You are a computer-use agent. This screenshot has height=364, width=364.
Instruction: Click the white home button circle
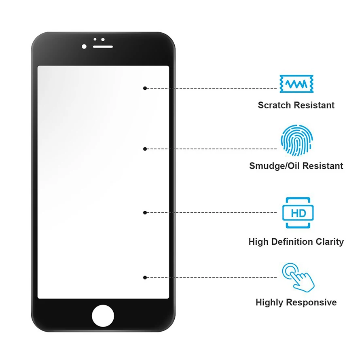[103, 316]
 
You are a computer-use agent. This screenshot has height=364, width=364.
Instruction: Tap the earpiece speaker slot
[103, 47]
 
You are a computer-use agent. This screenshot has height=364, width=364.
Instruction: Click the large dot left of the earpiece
[84, 47]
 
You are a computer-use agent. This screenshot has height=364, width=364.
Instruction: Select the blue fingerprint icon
[297, 140]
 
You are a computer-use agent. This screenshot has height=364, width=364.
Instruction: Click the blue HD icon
[298, 213]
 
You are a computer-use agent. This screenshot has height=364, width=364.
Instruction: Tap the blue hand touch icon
[298, 277]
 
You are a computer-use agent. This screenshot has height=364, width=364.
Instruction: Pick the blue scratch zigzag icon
[296, 84]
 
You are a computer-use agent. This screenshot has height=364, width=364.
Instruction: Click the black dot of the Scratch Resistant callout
[145, 88]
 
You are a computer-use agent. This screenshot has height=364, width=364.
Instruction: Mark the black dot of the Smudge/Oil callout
[145, 149]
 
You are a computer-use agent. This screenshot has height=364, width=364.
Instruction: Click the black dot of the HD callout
[145, 213]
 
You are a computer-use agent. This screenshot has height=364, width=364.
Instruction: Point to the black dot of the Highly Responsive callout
[145, 277]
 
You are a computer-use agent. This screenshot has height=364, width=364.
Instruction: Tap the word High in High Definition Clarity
[258, 242]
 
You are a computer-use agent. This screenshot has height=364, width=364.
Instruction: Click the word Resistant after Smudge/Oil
[323, 166]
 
